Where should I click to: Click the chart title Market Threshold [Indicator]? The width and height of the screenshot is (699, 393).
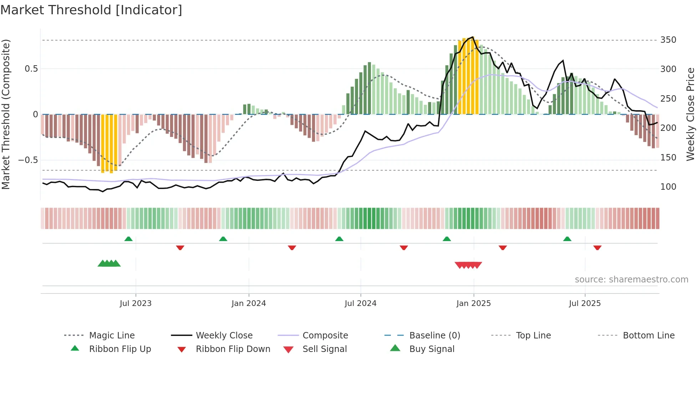coord(91,10)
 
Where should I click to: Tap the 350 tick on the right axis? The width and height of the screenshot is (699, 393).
coord(668,40)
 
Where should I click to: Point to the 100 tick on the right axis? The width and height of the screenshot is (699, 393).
coord(668,187)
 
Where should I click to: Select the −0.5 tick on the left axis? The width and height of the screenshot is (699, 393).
coord(28,160)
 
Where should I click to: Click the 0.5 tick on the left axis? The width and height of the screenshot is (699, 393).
coord(31,69)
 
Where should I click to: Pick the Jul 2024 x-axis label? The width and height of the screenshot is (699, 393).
coord(360,303)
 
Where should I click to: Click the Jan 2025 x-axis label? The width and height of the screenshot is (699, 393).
coord(473,303)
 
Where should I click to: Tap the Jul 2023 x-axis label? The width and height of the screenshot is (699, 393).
coord(136,303)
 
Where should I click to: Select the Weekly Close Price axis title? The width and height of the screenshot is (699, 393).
coord(690,114)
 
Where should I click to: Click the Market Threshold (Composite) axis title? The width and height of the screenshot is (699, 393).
coord(6,114)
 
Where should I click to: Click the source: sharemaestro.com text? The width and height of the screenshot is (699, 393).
coord(631,280)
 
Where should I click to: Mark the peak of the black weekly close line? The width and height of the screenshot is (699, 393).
coord(473,37)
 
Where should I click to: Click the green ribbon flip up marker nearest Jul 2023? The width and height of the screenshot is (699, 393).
coord(128,239)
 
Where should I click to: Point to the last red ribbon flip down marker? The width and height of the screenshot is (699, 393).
coord(597,247)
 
